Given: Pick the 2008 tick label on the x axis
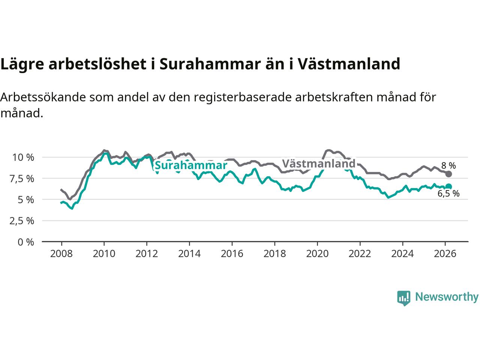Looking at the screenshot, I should [61, 254].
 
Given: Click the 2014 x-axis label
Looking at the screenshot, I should [189, 254].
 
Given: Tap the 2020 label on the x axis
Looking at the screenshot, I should [317, 254].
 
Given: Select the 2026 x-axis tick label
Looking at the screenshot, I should [445, 254].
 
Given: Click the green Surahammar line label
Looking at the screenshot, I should [191, 165].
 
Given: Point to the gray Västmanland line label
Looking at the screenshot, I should [318, 163].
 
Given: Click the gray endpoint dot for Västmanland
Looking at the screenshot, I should [448, 174].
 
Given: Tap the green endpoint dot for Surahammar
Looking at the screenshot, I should [448, 186].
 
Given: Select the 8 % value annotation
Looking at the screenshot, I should [448, 165].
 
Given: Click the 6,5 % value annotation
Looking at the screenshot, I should [448, 193].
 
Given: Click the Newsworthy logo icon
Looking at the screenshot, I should [403, 298].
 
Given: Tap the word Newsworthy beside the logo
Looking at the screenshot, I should [447, 297].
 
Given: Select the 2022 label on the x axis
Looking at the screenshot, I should [360, 254].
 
